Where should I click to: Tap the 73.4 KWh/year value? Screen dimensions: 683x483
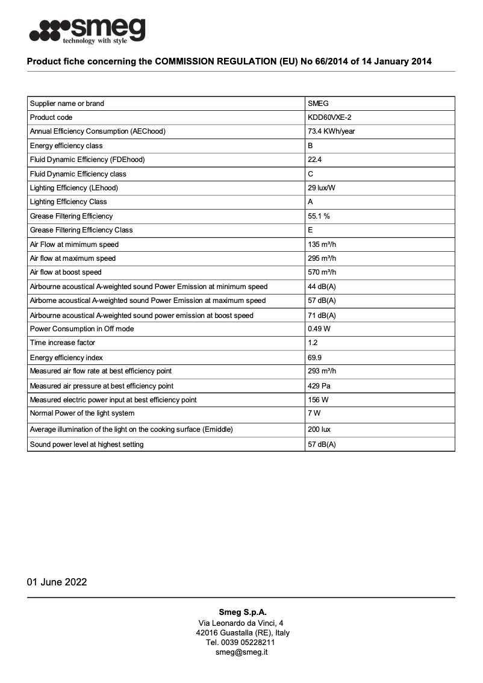(x=331, y=131)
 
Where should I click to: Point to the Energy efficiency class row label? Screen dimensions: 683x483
(x=66, y=146)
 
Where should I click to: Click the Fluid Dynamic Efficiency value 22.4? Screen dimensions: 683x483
(x=315, y=160)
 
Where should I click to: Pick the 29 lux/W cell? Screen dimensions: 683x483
(x=322, y=188)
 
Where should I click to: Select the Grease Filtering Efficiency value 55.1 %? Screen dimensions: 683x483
(x=319, y=216)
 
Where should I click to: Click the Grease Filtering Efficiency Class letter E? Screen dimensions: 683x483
(x=310, y=230)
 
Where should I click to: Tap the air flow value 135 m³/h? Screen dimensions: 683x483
(x=322, y=245)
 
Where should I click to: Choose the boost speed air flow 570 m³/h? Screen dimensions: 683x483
(x=322, y=272)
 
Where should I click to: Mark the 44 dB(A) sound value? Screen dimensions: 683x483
(x=322, y=287)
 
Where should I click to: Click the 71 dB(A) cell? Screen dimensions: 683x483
(x=322, y=316)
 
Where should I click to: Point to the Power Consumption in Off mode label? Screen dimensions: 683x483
(x=82, y=329)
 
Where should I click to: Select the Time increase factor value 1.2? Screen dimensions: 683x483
(x=313, y=343)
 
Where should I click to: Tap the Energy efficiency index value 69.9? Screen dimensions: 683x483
(x=315, y=358)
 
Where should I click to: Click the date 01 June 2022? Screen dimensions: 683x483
(x=57, y=582)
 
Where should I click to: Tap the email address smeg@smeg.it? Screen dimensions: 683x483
(x=241, y=652)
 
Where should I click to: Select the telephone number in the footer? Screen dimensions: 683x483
(x=241, y=642)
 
